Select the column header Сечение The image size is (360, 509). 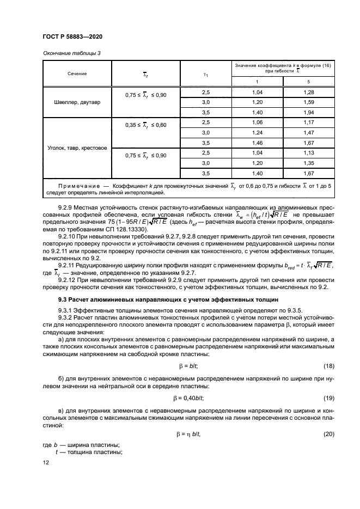click(77, 73)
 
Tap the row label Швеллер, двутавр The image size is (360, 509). click(77, 102)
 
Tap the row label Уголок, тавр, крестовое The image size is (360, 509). click(77, 147)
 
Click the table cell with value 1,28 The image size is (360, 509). click(308, 93)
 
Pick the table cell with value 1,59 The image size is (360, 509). click(308, 102)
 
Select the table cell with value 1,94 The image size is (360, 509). click(308, 112)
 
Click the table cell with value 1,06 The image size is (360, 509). click(258, 122)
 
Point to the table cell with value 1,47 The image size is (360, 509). click(308, 132)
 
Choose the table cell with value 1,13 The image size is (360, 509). click(308, 153)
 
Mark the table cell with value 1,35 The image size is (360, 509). click(308, 163)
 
